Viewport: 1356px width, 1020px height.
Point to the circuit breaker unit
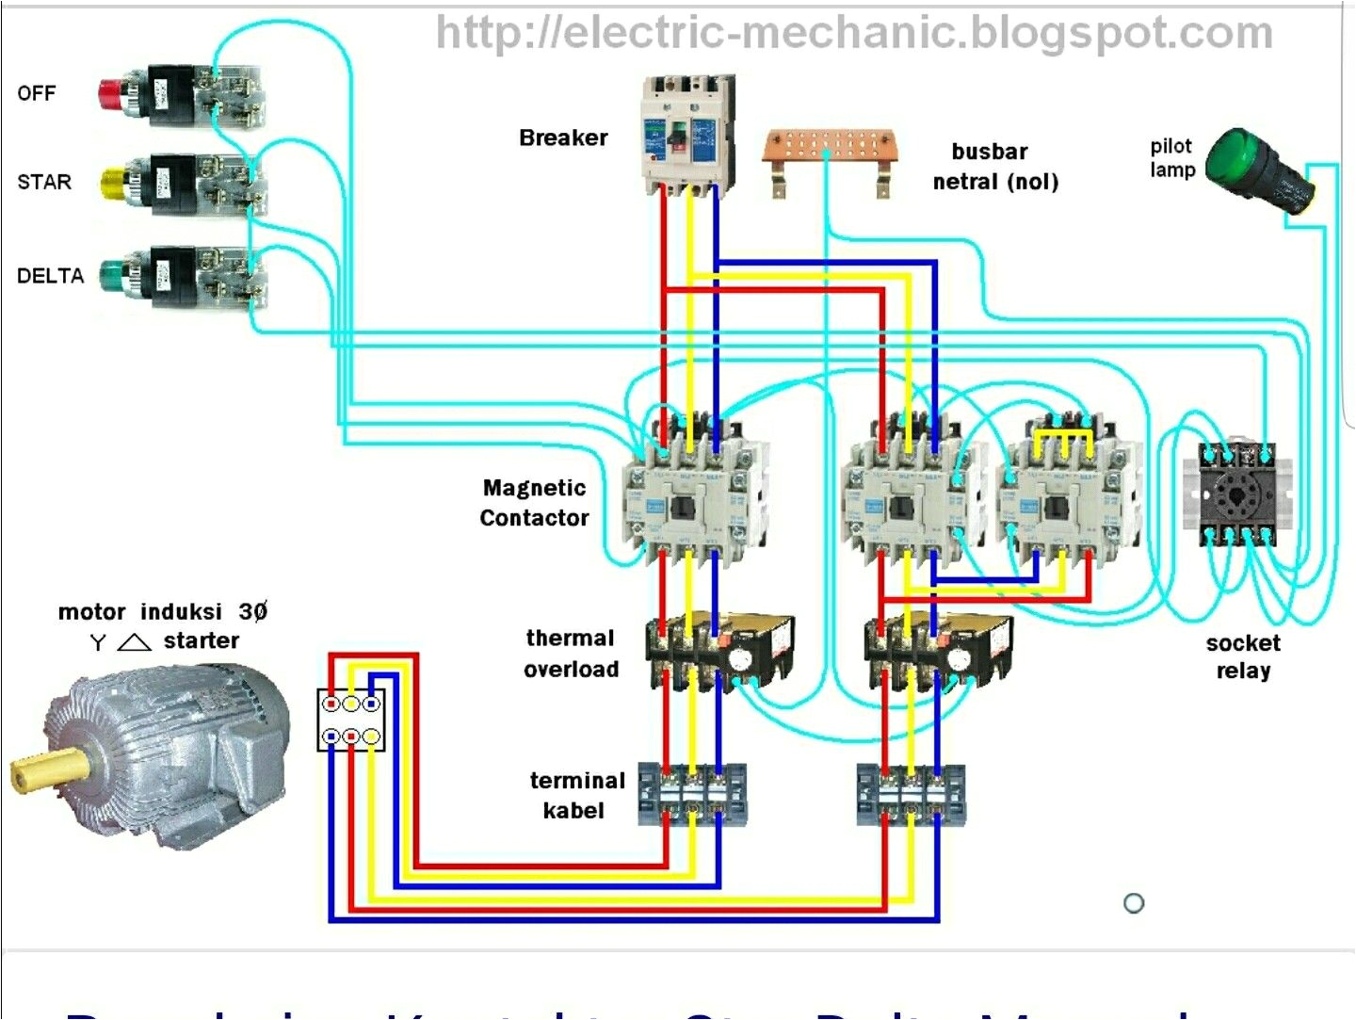[x=687, y=133]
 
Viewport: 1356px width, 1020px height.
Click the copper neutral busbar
[x=829, y=150]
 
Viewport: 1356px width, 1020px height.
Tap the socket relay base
[x=1235, y=494]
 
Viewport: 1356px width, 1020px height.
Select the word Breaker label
[x=563, y=138]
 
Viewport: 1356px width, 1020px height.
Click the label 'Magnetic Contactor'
[x=534, y=503]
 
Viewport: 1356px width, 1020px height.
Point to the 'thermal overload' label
[x=571, y=654]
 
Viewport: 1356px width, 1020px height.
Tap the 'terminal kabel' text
[x=576, y=795]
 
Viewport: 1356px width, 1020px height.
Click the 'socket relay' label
[x=1243, y=656]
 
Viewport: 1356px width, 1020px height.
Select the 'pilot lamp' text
[x=1171, y=158]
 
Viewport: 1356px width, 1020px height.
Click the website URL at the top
[x=853, y=33]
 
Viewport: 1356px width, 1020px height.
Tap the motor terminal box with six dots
[x=350, y=720]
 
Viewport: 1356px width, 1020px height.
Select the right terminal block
[x=911, y=795]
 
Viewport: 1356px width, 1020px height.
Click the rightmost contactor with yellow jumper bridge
[x=1069, y=494]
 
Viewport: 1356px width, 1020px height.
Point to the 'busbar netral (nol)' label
[x=994, y=167]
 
